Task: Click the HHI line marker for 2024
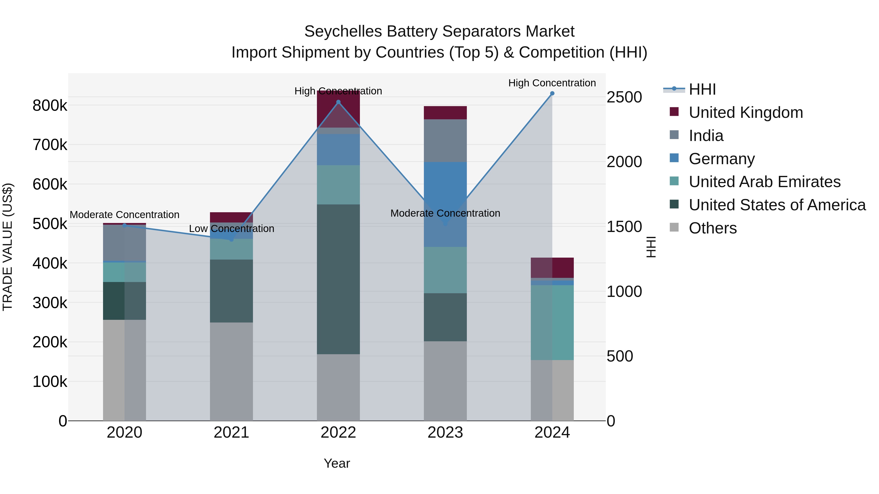pyautogui.click(x=552, y=93)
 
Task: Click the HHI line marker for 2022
pyautogui.click(x=338, y=102)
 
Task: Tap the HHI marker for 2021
pyautogui.click(x=231, y=240)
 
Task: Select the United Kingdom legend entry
pyautogui.click(x=746, y=112)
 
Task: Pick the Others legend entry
pyautogui.click(x=712, y=228)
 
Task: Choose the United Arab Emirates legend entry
pyautogui.click(x=764, y=182)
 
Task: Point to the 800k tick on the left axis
pyautogui.click(x=50, y=106)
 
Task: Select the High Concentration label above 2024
pyautogui.click(x=552, y=83)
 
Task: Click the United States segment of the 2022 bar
pyautogui.click(x=338, y=280)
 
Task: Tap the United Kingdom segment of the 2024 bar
pyautogui.click(x=552, y=268)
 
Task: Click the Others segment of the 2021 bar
pyautogui.click(x=231, y=372)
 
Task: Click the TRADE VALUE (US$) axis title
pyautogui.click(x=8, y=247)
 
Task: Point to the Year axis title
pyautogui.click(x=337, y=463)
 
